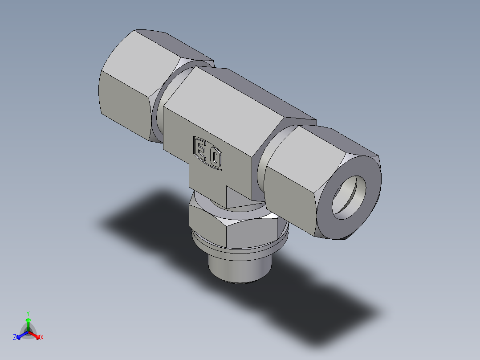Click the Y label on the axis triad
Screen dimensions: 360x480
pyautogui.click(x=28, y=313)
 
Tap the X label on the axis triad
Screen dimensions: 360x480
pyautogui.click(x=42, y=338)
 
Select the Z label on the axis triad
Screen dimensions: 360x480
pyautogui.click(x=15, y=338)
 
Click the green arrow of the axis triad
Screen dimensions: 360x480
pyautogui.click(x=28, y=322)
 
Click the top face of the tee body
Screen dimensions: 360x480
pyautogui.click(x=249, y=94)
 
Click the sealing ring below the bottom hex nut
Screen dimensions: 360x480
pyautogui.click(x=240, y=250)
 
